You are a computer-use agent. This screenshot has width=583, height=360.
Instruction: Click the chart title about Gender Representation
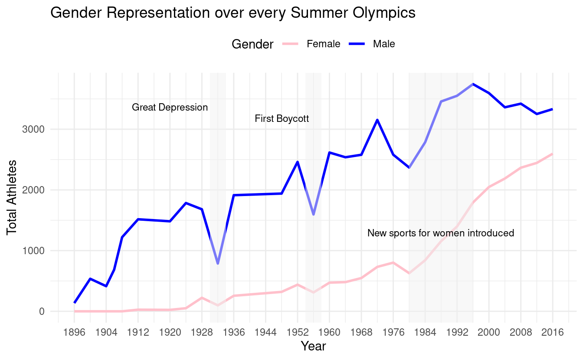click(233, 13)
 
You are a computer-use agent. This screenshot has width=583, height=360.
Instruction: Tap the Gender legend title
click(252, 44)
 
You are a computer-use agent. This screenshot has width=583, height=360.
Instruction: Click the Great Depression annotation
click(170, 107)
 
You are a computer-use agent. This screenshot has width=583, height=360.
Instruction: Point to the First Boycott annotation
click(282, 118)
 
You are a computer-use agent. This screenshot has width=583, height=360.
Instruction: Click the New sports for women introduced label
click(440, 233)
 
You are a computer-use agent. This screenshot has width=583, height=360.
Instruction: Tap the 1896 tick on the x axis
click(74, 333)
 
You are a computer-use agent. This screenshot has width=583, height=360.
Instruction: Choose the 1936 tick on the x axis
click(234, 333)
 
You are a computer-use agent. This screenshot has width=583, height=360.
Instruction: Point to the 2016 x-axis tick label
click(553, 333)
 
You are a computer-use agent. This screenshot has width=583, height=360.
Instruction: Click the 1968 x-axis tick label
click(361, 333)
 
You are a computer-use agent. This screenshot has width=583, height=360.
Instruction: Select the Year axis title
click(313, 347)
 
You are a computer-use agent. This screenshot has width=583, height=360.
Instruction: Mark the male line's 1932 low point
click(218, 264)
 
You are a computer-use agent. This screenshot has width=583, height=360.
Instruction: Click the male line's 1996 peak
click(473, 84)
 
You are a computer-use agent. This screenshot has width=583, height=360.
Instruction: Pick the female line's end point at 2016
click(553, 154)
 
